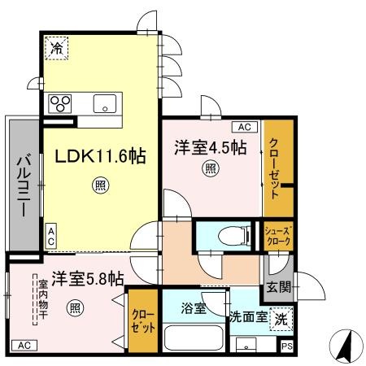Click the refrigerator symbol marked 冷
(x=56, y=48)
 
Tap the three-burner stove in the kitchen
(x=59, y=103)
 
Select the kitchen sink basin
(x=105, y=103)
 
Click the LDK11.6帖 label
(x=101, y=156)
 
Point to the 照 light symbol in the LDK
(x=101, y=185)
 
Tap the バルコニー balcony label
(x=24, y=185)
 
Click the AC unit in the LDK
(x=51, y=236)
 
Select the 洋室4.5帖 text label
(x=211, y=148)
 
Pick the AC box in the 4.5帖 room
(x=245, y=127)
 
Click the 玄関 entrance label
(x=279, y=287)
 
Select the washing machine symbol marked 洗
(x=281, y=319)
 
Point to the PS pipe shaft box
(x=287, y=346)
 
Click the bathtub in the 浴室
(x=194, y=338)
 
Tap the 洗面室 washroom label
(x=249, y=316)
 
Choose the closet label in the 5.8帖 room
(x=143, y=321)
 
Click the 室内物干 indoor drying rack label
(x=43, y=299)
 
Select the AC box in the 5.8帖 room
(x=24, y=346)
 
